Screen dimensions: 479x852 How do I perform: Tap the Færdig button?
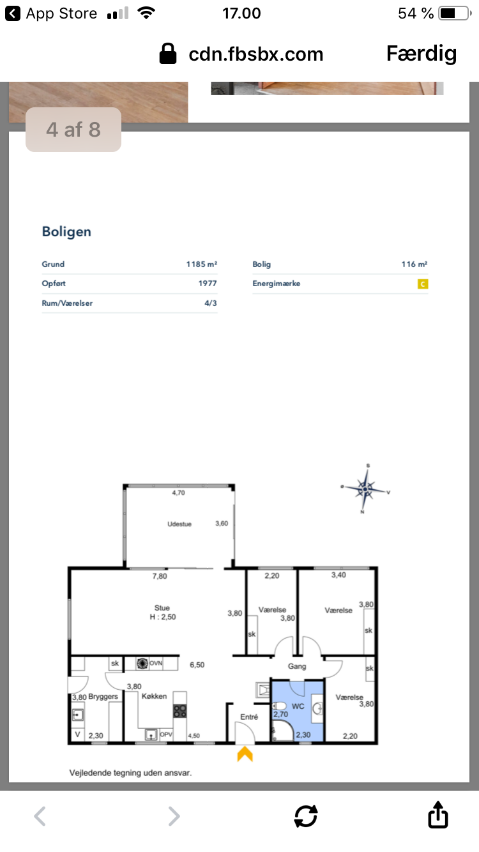pyautogui.click(x=421, y=54)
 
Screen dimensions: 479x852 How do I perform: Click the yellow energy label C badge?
pyautogui.click(x=423, y=284)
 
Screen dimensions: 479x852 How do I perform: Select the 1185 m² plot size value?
pyautogui.click(x=201, y=264)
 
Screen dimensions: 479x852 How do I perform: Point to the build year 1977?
pyautogui.click(x=208, y=284)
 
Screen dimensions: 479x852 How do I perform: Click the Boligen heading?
pyautogui.click(x=66, y=232)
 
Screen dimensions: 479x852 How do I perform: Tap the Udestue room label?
pyautogui.click(x=179, y=524)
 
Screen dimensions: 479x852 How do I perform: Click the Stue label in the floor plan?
pyautogui.click(x=162, y=608)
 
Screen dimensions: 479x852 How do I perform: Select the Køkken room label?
pyautogui.click(x=154, y=696)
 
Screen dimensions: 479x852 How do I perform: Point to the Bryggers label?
pyautogui.click(x=103, y=696)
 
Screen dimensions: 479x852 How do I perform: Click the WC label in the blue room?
pyautogui.click(x=298, y=706)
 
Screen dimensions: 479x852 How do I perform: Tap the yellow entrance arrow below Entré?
pyautogui.click(x=245, y=754)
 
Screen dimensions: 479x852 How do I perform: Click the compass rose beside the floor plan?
pyautogui.click(x=365, y=489)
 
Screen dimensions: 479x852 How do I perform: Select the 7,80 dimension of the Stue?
pyautogui.click(x=160, y=576)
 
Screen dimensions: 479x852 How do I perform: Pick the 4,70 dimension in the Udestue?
pyautogui.click(x=178, y=493)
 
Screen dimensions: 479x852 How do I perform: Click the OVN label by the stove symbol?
pyautogui.click(x=156, y=664)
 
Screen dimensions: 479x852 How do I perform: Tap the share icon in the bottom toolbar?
pyautogui.click(x=438, y=814)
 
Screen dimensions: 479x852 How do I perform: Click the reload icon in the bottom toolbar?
pyautogui.click(x=306, y=816)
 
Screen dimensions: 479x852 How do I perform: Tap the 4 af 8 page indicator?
pyautogui.click(x=73, y=130)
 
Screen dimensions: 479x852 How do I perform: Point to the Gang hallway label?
pyautogui.click(x=297, y=666)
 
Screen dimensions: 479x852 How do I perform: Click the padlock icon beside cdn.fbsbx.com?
pyautogui.click(x=168, y=54)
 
